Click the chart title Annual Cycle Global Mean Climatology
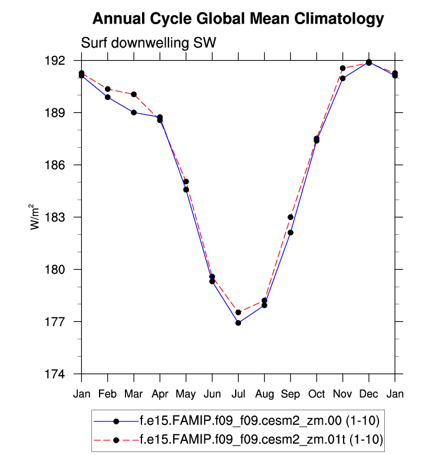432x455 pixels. pyautogui.click(x=238, y=19)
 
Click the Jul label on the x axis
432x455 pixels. pyautogui.click(x=238, y=393)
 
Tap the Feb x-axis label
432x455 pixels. pyautogui.click(x=108, y=393)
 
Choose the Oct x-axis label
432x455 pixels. pyautogui.click(x=316, y=393)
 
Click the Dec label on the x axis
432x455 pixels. pyautogui.click(x=369, y=393)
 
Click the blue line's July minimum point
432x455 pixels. pyautogui.click(x=238, y=323)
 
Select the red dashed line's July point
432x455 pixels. pyautogui.click(x=238, y=313)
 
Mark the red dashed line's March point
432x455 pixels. pyautogui.click(x=134, y=94)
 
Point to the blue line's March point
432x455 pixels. pyautogui.click(x=134, y=112)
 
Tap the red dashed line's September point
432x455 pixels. pyautogui.click(x=291, y=217)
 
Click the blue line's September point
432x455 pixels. pyautogui.click(x=291, y=233)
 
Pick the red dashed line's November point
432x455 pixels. pyautogui.click(x=342, y=68)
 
